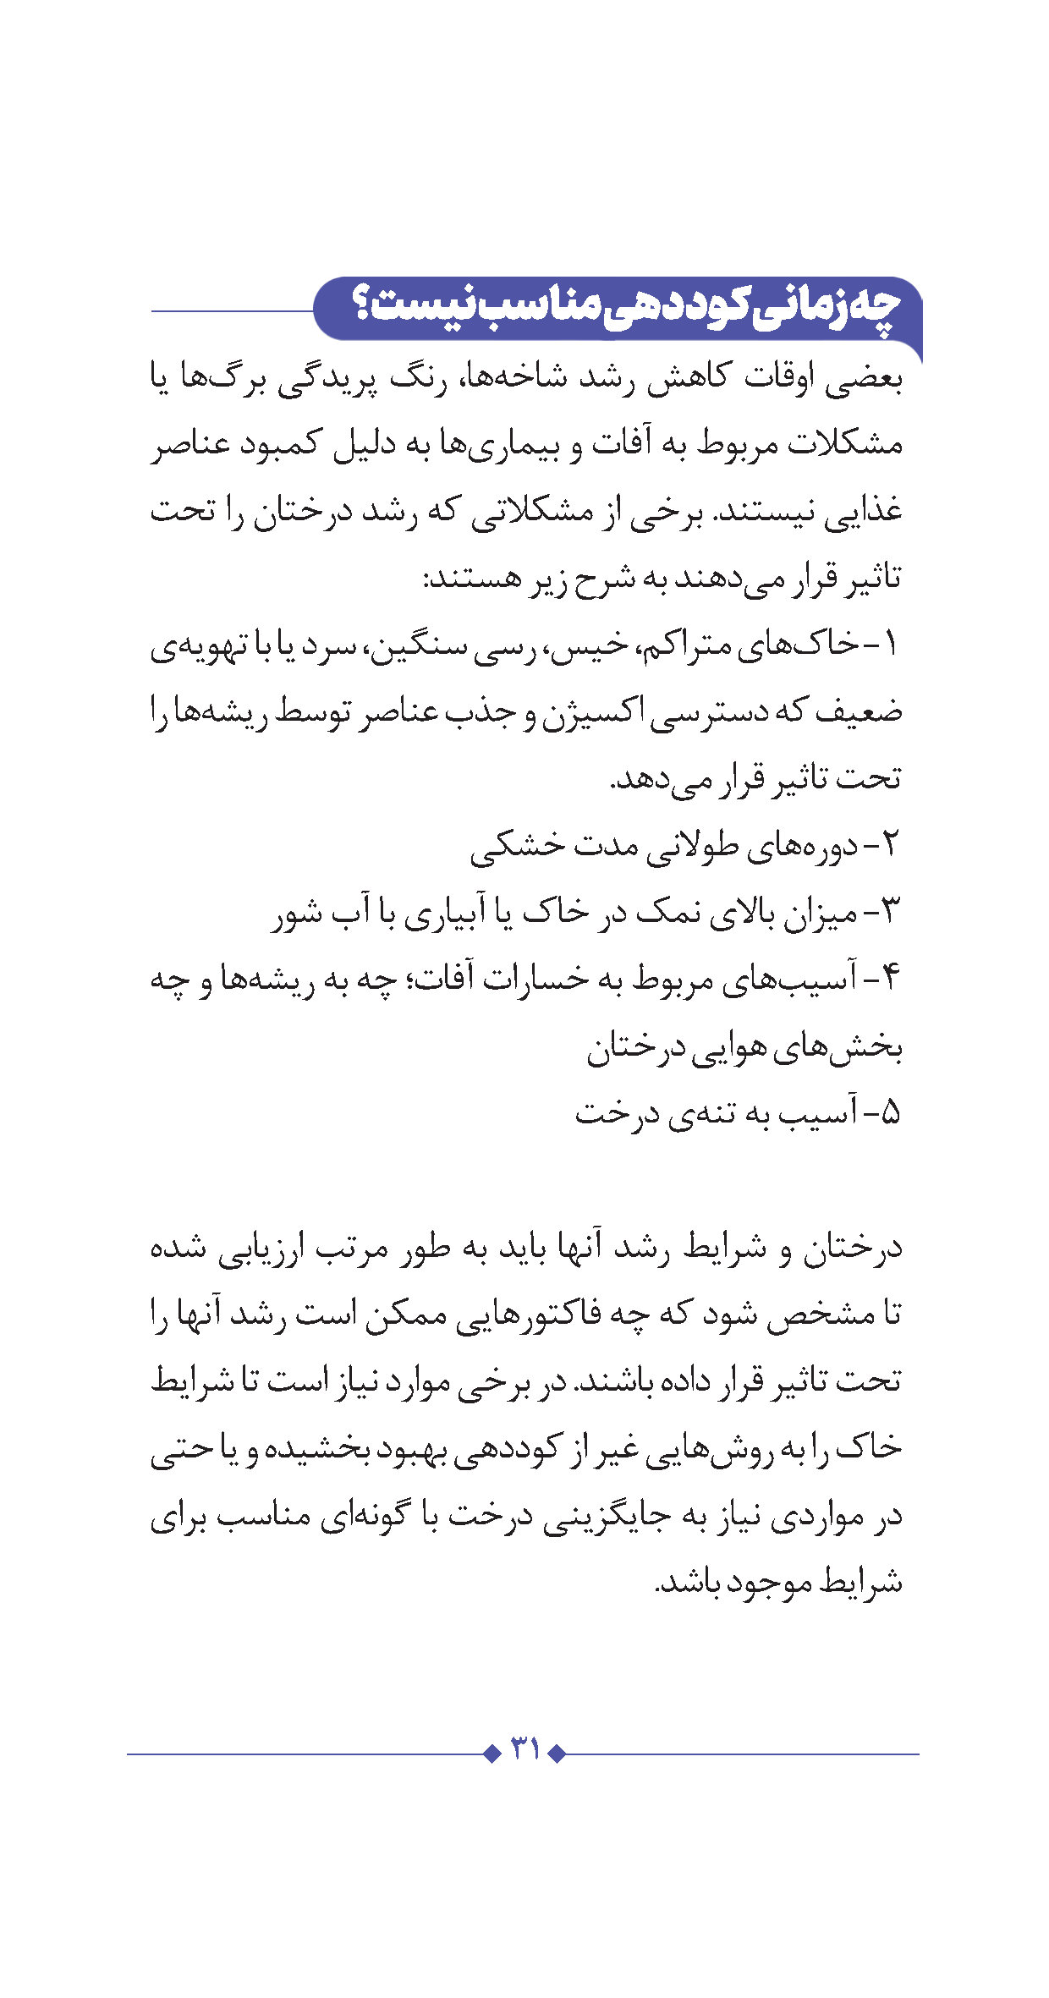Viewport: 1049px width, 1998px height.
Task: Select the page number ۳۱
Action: [x=524, y=1749]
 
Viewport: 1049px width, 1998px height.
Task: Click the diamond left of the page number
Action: [x=492, y=1754]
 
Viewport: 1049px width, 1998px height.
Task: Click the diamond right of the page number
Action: [x=557, y=1754]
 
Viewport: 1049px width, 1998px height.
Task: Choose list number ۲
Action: [x=889, y=845]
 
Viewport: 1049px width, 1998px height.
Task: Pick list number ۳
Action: [x=889, y=912]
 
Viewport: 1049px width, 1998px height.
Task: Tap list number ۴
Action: [x=889, y=979]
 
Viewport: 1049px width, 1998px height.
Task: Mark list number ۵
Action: [x=889, y=1112]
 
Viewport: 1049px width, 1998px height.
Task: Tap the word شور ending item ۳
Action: [x=297, y=914]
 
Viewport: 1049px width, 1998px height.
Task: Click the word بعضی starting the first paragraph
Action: [x=864, y=380]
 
